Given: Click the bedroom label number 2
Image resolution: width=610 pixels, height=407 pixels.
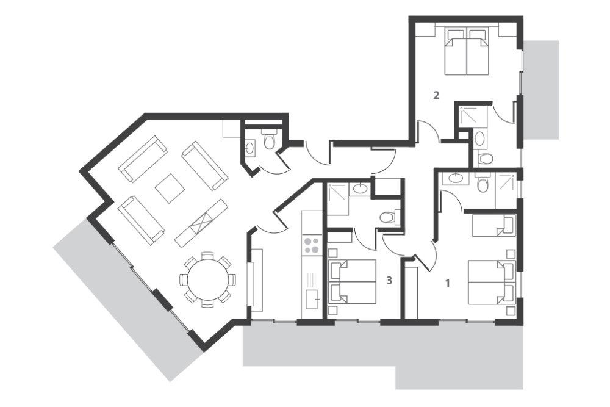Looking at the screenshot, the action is pyautogui.click(x=436, y=95).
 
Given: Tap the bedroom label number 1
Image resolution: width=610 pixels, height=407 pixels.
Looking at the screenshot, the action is pyautogui.click(x=447, y=283).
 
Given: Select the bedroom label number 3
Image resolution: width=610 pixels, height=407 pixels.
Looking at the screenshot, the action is pyautogui.click(x=389, y=279).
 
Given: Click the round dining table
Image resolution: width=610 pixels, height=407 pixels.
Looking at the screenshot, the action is pyautogui.click(x=208, y=279).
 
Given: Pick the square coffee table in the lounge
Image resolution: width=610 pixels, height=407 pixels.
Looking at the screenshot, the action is pyautogui.click(x=170, y=189).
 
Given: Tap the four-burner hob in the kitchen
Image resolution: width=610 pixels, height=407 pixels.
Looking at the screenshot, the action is pyautogui.click(x=312, y=245).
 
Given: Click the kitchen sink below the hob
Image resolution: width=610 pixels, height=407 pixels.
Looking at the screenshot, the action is pyautogui.click(x=312, y=299).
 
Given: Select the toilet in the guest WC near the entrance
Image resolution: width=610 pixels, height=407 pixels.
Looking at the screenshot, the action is pyautogui.click(x=269, y=140).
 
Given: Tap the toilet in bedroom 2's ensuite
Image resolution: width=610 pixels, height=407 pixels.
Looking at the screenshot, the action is pyautogui.click(x=484, y=157).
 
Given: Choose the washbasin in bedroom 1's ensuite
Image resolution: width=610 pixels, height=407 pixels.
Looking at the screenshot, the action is pyautogui.click(x=454, y=179).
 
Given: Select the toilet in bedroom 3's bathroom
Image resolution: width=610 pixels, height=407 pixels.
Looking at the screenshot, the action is pyautogui.click(x=389, y=217).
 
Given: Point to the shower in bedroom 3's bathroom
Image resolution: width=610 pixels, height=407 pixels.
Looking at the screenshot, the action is pyautogui.click(x=339, y=198).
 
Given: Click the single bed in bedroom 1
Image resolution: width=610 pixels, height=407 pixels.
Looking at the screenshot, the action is pyautogui.click(x=493, y=226).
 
